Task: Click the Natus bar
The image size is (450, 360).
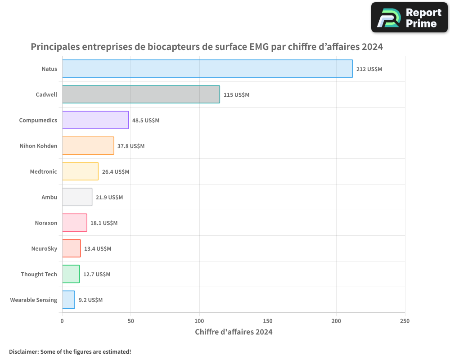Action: [207, 69]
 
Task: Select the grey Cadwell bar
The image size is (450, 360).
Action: [141, 94]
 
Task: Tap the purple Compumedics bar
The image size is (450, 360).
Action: [95, 120]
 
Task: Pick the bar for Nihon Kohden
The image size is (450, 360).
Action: [88, 146]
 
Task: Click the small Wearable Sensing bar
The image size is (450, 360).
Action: [68, 300]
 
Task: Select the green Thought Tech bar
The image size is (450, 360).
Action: [71, 274]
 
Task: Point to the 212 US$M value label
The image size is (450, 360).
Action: [369, 69]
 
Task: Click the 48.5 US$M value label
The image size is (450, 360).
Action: [146, 121]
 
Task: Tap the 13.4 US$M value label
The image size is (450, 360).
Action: [98, 249]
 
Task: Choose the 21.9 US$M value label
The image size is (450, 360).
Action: [109, 198]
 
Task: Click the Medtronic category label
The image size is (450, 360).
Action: [43, 171]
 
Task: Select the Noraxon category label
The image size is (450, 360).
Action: [46, 223]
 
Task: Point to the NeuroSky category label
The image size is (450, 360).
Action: [44, 248]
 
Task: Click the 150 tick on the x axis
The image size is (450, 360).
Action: [268, 321]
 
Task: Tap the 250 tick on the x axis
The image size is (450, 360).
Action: [405, 321]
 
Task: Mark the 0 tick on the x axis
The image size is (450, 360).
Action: [62, 321]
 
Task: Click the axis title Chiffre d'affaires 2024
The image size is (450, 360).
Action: [234, 332]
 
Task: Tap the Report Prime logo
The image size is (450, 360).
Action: [409, 18]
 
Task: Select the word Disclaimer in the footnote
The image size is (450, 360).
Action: [23, 351]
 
